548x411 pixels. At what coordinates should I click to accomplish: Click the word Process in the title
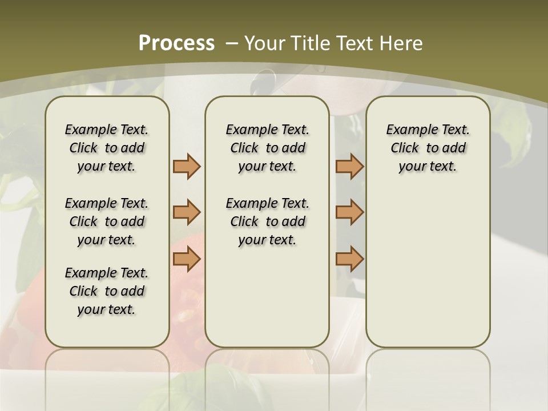176,43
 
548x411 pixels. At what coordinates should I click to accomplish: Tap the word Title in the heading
312,43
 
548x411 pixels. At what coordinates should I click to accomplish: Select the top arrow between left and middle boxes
187,166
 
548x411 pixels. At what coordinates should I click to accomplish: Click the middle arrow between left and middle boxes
187,212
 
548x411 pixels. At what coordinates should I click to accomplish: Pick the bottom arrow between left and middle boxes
187,259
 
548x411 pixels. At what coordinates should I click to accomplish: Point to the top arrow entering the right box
349,166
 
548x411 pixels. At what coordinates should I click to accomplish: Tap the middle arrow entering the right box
349,212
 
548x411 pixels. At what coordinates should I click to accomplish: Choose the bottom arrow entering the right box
349,259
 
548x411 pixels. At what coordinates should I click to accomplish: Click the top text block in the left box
107,148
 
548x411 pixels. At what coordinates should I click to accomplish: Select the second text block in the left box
107,221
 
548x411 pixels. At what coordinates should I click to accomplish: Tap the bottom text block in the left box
107,291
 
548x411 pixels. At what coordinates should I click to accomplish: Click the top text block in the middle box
267,148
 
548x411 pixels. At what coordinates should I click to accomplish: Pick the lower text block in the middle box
267,221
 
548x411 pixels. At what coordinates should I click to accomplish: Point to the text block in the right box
428,148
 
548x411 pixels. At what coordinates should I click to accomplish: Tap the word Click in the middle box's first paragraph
244,148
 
